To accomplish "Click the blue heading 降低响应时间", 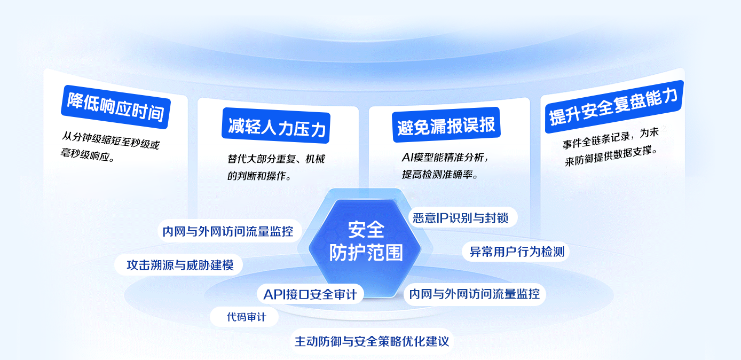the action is click(x=116, y=107).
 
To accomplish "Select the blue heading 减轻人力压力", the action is click(x=276, y=126).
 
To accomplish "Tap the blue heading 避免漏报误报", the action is click(x=446, y=125).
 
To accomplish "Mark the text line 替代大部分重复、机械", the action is click(x=276, y=159).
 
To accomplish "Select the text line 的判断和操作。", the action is click(x=259, y=176).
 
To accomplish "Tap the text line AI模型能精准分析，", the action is click(x=445, y=157).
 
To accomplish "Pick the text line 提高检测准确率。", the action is click(x=440, y=174).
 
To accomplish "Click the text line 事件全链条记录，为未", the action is click(x=611, y=138).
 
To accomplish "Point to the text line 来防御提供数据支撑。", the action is click(x=611, y=156).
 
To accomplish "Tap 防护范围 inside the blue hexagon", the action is click(x=366, y=253).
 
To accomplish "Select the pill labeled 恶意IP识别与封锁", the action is click(x=463, y=217).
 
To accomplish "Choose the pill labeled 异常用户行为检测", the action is click(x=515, y=252).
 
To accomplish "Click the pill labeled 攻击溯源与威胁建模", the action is click(x=179, y=265).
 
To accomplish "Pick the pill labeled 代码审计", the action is click(x=244, y=317).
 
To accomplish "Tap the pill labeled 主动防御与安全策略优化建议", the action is click(x=372, y=341).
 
